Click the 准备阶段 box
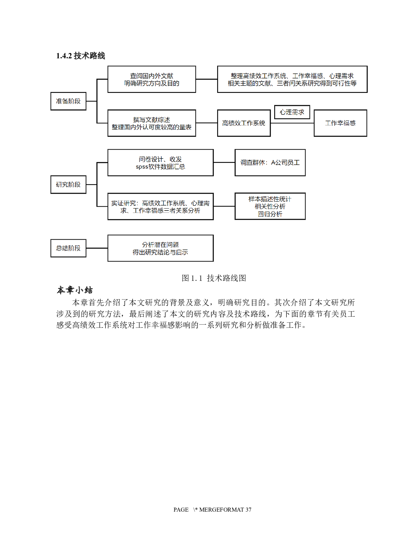click(68, 101)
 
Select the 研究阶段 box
click(68, 184)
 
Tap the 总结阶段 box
click(68, 248)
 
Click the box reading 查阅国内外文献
click(151, 79)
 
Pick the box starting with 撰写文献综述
click(151, 123)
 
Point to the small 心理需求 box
click(292, 112)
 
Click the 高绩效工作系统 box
click(244, 123)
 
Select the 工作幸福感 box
click(340, 123)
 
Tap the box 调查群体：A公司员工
click(270, 163)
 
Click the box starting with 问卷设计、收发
click(160, 163)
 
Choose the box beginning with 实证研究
click(160, 206)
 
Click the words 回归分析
click(270, 214)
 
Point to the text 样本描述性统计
click(270, 199)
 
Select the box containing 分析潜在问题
click(160, 248)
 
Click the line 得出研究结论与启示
click(160, 252)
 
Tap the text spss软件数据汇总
click(160, 167)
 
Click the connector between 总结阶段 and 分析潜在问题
click(97, 248)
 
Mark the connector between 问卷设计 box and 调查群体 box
click(224, 163)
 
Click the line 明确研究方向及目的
click(151, 83)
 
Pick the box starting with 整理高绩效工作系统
click(292, 79)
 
